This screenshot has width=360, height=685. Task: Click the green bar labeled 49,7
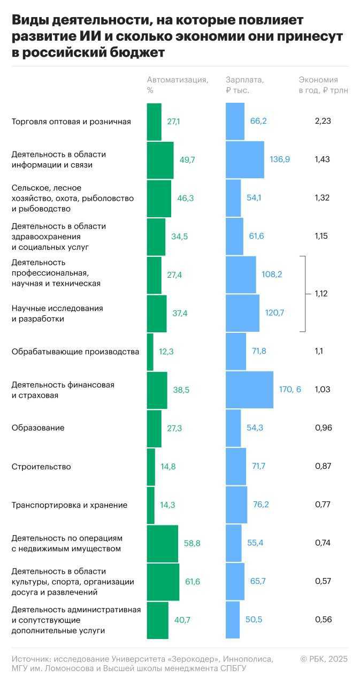point(160,160)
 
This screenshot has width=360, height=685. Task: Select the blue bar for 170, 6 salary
point(249,390)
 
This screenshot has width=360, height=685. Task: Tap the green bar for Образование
point(154,428)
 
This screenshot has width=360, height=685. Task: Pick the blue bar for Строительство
point(236,467)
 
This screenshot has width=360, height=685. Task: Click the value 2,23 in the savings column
point(323,121)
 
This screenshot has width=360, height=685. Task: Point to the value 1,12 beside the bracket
point(321,293)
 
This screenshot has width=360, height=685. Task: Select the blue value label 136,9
point(279,159)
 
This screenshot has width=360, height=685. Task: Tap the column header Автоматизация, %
point(178,85)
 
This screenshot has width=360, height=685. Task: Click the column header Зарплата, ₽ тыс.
point(245,85)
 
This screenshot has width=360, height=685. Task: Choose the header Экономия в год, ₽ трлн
point(323,85)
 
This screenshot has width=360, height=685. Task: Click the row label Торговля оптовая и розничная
point(71,121)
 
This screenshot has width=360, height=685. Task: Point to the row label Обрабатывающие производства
point(75,352)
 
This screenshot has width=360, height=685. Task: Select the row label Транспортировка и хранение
point(70,505)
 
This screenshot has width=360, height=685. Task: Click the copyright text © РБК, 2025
point(324,659)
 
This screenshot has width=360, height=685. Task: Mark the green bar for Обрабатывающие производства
point(150,352)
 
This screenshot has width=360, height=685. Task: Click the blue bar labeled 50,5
point(233,620)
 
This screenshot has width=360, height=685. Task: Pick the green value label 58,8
point(192,543)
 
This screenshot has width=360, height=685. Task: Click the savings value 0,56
point(323,620)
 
